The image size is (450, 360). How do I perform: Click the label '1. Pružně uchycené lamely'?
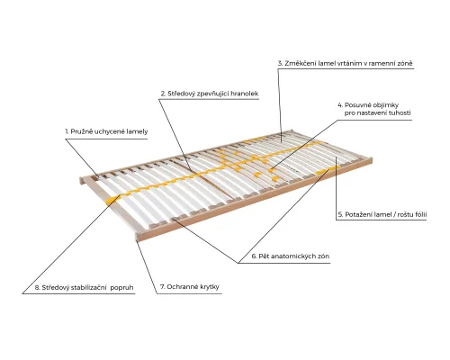click(x=106, y=131)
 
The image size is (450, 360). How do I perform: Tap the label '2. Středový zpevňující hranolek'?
click(x=210, y=94)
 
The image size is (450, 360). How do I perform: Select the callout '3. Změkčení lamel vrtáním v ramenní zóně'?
click(x=345, y=63)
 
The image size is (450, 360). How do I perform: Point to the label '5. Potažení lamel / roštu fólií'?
click(x=382, y=214)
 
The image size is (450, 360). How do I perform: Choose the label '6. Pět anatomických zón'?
click(x=291, y=256)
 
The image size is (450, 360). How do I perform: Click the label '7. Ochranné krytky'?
click(x=190, y=287)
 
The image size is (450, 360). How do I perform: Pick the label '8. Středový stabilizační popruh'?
click(x=84, y=287)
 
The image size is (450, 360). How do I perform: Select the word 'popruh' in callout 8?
click(x=121, y=288)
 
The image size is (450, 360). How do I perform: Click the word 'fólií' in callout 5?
click(x=419, y=214)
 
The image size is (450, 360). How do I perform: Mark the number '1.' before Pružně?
click(x=67, y=131)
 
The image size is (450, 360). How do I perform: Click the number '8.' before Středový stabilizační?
click(x=38, y=288)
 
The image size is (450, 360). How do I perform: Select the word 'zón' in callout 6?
click(x=324, y=256)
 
